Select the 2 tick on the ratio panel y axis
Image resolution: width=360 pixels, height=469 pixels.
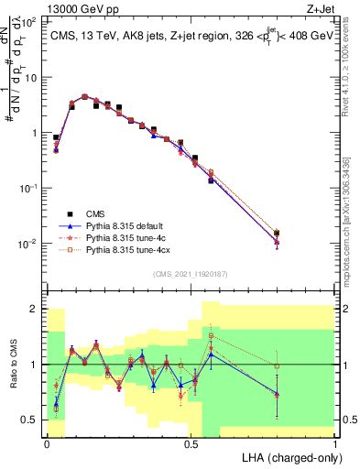(x=34, y=309)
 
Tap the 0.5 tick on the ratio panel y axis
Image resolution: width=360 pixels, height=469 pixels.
(x=31, y=420)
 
